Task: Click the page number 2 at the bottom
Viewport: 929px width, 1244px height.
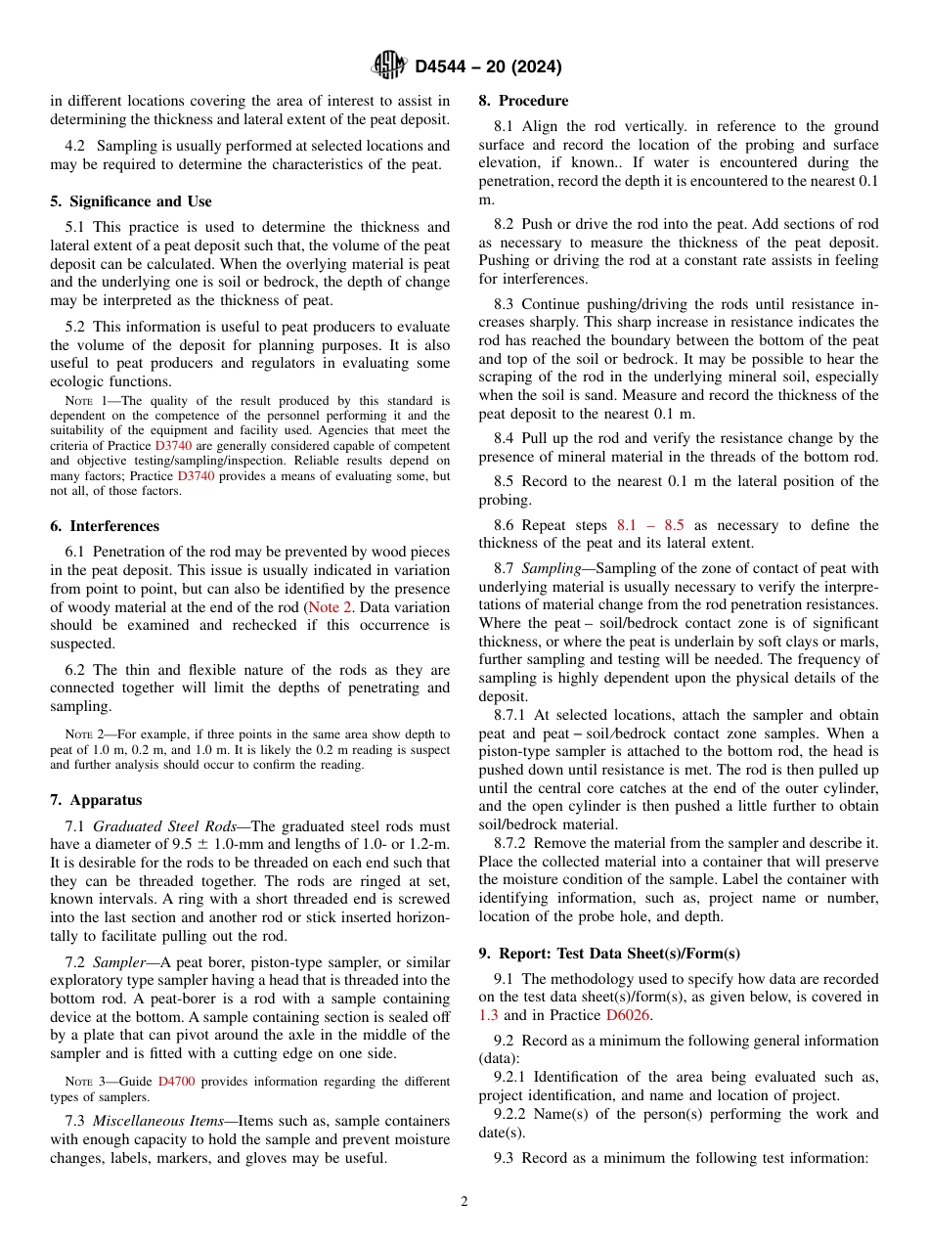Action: click(464, 1201)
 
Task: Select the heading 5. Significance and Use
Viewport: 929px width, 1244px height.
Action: click(131, 201)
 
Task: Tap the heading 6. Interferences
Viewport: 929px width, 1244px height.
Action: click(105, 526)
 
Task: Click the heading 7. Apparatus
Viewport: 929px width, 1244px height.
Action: click(96, 800)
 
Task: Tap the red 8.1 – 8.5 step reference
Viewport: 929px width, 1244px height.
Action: click(650, 525)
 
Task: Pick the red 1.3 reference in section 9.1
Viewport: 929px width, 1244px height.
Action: click(488, 1015)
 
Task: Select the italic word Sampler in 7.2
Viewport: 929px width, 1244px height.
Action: click(118, 962)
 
